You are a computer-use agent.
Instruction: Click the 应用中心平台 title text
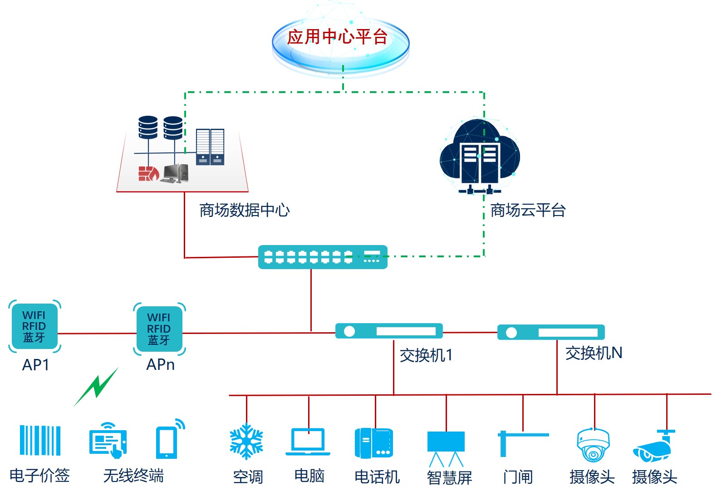pyautogui.click(x=337, y=37)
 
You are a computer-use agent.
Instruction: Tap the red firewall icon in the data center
pyautogui.click(x=148, y=173)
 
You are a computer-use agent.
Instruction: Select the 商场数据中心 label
pyautogui.click(x=244, y=210)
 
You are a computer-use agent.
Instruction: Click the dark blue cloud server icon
pyautogui.click(x=480, y=157)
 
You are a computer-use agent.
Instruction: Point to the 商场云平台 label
pyautogui.click(x=528, y=210)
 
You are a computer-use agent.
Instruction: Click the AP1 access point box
pyautogui.click(x=34, y=326)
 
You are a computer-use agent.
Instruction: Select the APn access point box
pyautogui.click(x=159, y=329)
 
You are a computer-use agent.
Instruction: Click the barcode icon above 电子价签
pyautogui.click(x=40, y=440)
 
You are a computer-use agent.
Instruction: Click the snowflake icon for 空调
pyautogui.click(x=246, y=441)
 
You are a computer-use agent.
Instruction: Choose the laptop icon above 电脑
pyautogui.click(x=308, y=442)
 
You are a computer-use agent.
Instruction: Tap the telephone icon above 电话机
pyautogui.click(x=373, y=443)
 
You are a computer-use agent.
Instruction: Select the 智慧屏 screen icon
pyautogui.click(x=446, y=447)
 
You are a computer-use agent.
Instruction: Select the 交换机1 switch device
pyautogui.click(x=389, y=331)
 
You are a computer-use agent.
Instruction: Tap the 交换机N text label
pyautogui.click(x=594, y=353)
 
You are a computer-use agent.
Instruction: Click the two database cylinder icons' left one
pyautogui.click(x=148, y=127)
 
